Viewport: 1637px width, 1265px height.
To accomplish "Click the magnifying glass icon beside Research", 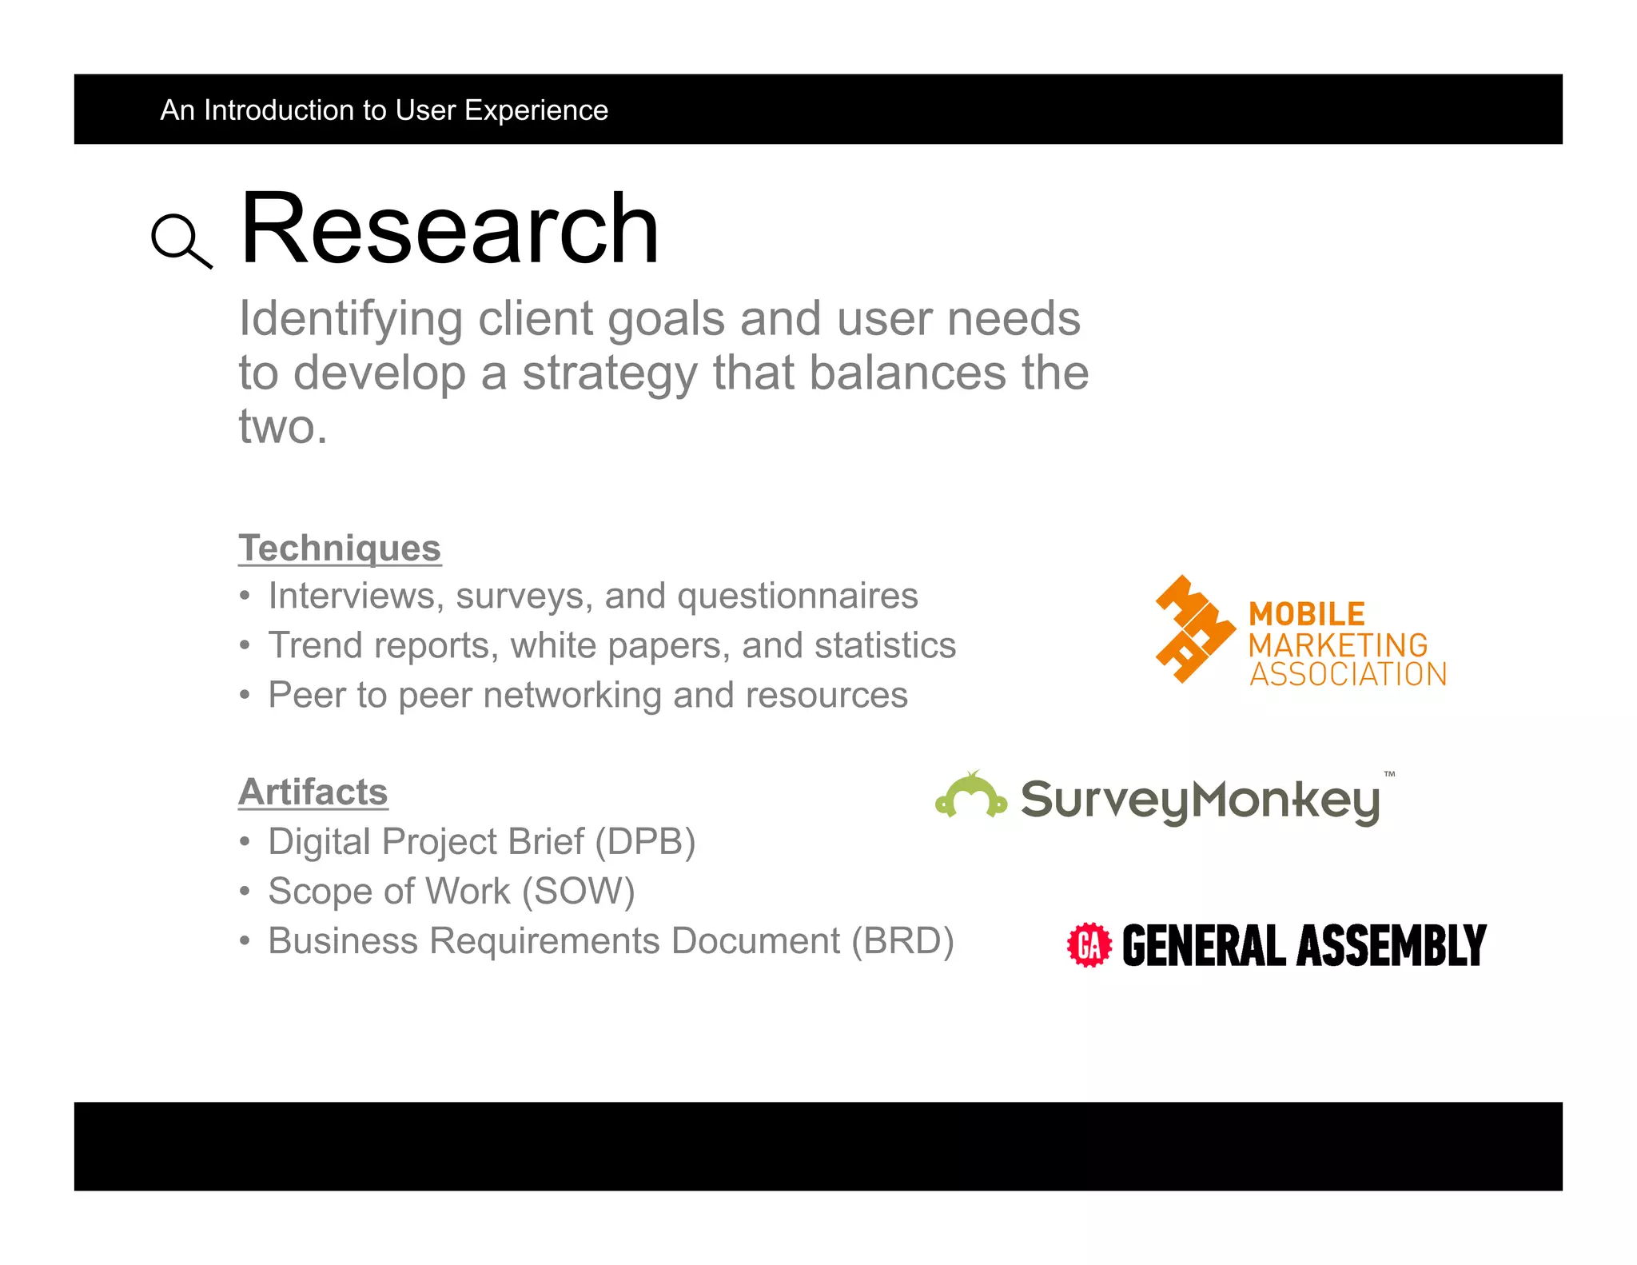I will [181, 240].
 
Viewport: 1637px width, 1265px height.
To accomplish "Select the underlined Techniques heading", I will [340, 549].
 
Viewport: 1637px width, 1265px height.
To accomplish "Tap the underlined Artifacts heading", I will [313, 792].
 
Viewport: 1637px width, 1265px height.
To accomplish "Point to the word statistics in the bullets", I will [885, 646].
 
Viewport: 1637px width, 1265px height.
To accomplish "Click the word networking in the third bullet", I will [572, 696].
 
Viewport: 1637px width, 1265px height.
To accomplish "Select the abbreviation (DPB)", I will [645, 842].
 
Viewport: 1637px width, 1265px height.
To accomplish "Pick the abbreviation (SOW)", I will [579, 892].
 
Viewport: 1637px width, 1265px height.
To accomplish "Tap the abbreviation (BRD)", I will [902, 941].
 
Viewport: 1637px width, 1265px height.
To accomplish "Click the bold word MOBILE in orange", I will [1307, 614].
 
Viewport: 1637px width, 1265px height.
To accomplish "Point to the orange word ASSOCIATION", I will [1348, 675].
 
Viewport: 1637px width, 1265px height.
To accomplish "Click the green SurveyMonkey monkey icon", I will [971, 796].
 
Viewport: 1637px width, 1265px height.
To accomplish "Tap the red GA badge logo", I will [1089, 945].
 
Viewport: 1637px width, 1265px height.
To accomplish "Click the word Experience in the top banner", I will [536, 110].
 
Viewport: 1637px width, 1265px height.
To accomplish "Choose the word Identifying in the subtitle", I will [350, 319].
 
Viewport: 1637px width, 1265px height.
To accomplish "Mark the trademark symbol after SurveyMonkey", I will [1389, 774].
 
